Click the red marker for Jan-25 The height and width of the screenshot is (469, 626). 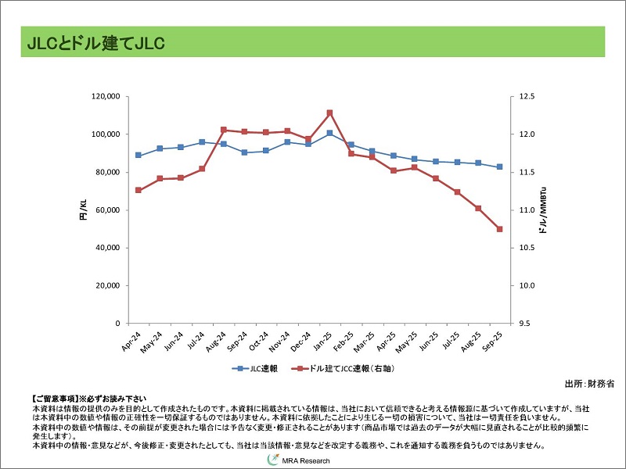pos(329,113)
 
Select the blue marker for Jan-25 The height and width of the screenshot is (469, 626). pos(329,133)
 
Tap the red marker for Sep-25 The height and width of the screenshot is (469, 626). pos(499,229)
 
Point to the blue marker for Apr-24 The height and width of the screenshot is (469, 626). pos(139,155)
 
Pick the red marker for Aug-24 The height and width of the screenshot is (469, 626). pos(224,130)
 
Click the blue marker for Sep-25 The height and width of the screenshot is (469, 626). pos(499,166)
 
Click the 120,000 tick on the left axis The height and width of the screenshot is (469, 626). pos(104,97)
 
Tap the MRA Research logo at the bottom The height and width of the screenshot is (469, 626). pos(302,461)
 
